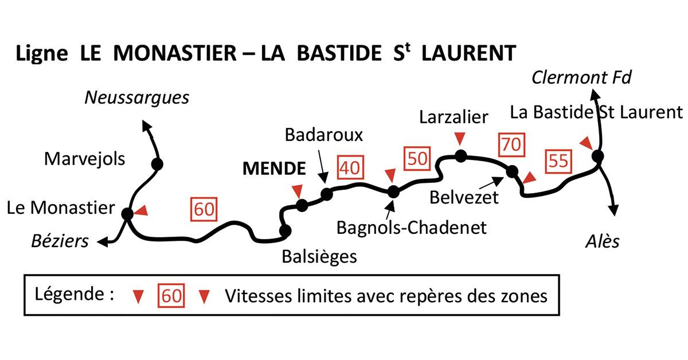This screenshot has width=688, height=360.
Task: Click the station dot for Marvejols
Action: click(158, 165)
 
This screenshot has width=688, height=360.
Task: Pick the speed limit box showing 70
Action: click(510, 144)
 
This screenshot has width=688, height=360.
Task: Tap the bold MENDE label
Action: click(274, 169)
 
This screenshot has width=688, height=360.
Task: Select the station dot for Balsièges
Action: click(285, 230)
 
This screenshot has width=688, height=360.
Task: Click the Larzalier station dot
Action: click(460, 155)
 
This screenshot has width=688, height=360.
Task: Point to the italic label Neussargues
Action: click(136, 98)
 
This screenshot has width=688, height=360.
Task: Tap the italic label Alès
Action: click(603, 241)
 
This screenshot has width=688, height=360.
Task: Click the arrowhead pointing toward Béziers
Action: click(102, 243)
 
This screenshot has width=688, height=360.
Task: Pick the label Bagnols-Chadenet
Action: click(411, 227)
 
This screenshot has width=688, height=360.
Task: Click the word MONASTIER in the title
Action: click(175, 53)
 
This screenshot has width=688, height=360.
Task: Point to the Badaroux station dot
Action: click(327, 194)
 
